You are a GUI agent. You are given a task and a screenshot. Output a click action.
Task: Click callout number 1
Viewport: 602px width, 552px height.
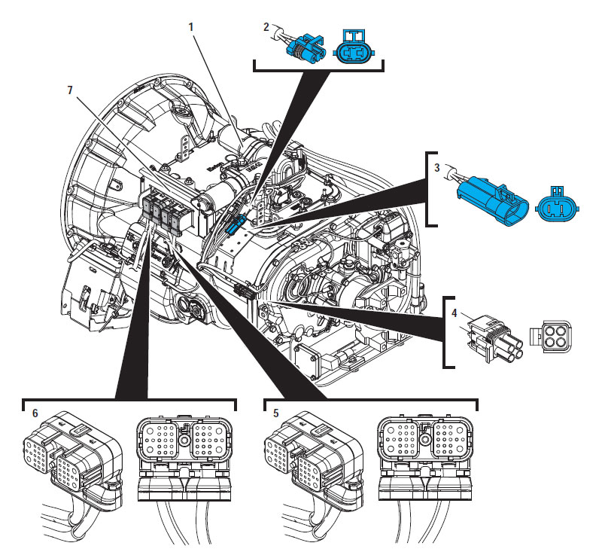tap(191, 27)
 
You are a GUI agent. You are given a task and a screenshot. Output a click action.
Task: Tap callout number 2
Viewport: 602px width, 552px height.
tap(266, 27)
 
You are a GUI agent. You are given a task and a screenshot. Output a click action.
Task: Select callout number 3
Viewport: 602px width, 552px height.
tap(436, 166)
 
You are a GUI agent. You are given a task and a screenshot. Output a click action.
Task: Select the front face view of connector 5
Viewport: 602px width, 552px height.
tap(427, 459)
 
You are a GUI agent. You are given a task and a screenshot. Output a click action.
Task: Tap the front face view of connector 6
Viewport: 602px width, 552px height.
tap(184, 459)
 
